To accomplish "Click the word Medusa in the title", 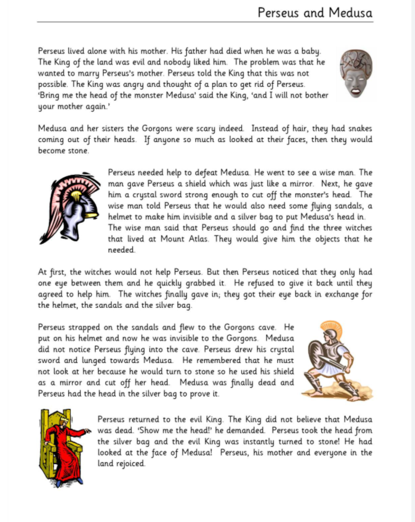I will tap(350, 12).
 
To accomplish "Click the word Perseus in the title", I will tap(279, 12).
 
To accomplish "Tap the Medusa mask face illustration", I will tap(356, 73).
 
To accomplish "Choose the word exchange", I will tap(337, 294).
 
